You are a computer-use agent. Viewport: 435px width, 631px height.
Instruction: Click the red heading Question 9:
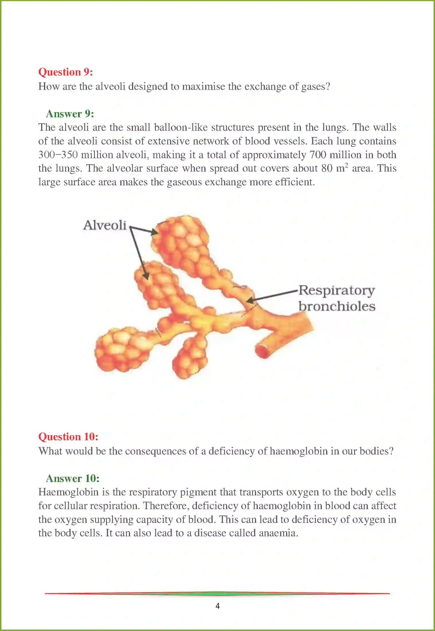pyautogui.click(x=65, y=72)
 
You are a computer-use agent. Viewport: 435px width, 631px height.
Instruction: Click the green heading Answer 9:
pyautogui.click(x=70, y=114)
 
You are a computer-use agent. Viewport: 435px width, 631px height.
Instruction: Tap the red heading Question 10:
pyautogui.click(x=68, y=437)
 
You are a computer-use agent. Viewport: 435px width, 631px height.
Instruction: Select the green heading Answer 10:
pyautogui.click(x=73, y=479)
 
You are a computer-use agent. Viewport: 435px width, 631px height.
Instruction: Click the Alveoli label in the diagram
pyautogui.click(x=105, y=225)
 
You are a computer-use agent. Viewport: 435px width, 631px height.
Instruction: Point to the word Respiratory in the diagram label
pyautogui.click(x=336, y=291)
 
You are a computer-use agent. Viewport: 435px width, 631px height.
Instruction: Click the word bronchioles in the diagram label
pyautogui.click(x=337, y=306)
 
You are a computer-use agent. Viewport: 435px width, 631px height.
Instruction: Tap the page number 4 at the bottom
pyautogui.click(x=217, y=606)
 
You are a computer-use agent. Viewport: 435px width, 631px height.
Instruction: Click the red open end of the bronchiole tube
pyautogui.click(x=262, y=352)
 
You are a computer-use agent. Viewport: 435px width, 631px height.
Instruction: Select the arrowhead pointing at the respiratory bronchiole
pyautogui.click(x=250, y=300)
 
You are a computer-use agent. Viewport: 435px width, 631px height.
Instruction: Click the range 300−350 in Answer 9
pyautogui.click(x=58, y=155)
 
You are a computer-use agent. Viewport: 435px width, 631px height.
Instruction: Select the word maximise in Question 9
pyautogui.click(x=203, y=86)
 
